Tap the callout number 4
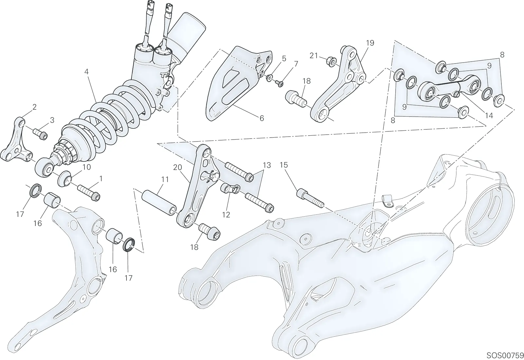(86, 72)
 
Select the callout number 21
(314, 56)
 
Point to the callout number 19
(370, 43)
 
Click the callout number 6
(262, 118)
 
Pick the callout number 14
(489, 116)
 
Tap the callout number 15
(284, 165)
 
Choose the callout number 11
(165, 180)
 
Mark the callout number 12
(226, 215)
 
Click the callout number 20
(178, 167)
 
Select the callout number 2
(35, 107)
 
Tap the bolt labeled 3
(41, 134)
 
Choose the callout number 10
(86, 167)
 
